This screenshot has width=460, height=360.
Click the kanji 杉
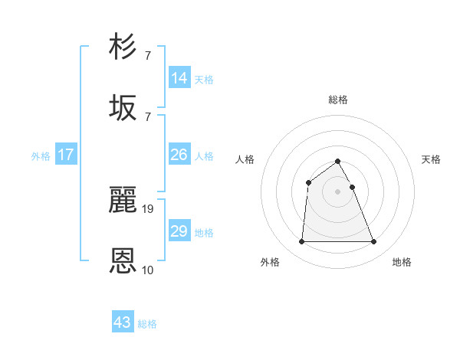click(123, 47)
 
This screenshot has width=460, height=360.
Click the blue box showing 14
click(179, 78)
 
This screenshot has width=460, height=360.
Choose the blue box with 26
click(179, 155)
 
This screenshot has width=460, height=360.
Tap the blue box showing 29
click(179, 231)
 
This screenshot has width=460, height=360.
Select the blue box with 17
click(66, 155)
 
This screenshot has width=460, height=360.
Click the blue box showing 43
click(123, 322)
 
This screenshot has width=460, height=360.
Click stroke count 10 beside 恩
click(148, 270)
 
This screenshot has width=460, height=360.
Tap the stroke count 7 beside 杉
click(148, 56)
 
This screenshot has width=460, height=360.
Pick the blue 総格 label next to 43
click(147, 324)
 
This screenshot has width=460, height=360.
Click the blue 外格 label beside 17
click(41, 156)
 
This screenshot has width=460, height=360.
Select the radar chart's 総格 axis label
click(338, 100)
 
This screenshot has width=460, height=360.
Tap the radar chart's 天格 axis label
click(432, 159)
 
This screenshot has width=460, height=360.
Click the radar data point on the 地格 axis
click(374, 242)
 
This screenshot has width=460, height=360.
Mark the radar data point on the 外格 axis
click(301, 242)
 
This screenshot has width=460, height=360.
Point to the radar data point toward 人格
click(309, 182)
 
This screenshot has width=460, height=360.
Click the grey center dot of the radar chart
click(338, 191)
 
